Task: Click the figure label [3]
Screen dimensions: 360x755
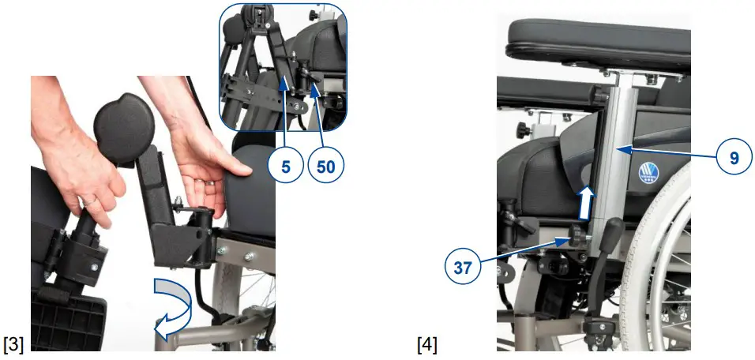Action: tap(13, 344)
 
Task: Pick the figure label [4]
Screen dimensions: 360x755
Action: tap(426, 344)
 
